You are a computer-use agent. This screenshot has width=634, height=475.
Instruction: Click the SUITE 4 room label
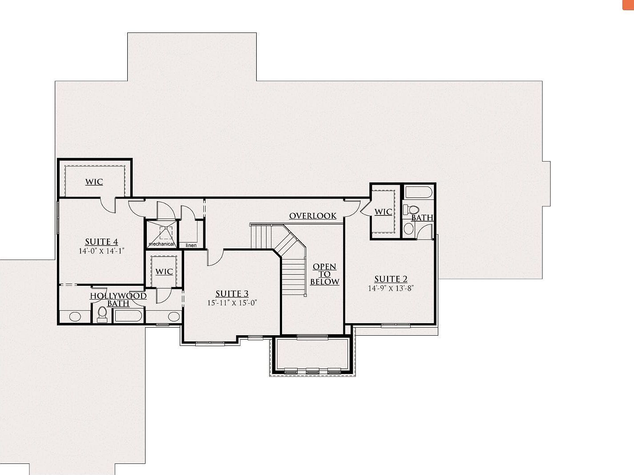(x=101, y=242)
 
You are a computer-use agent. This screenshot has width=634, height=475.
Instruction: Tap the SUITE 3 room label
(x=232, y=294)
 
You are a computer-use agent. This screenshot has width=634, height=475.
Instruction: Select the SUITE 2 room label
(x=391, y=279)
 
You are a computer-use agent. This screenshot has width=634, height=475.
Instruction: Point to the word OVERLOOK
(x=313, y=216)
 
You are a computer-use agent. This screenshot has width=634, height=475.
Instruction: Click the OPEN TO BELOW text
(x=324, y=274)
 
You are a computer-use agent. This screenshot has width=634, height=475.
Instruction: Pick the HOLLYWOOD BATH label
(x=118, y=300)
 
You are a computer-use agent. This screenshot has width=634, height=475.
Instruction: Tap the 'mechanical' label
(x=161, y=244)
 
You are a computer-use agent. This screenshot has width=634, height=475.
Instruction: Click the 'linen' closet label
(x=191, y=245)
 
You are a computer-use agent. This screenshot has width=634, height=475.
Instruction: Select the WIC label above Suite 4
(x=94, y=182)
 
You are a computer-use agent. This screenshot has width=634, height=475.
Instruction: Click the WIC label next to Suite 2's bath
(x=383, y=212)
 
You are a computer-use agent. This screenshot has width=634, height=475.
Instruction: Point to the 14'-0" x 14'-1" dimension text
(x=101, y=251)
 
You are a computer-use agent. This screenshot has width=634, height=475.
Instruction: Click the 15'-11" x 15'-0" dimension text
(x=232, y=303)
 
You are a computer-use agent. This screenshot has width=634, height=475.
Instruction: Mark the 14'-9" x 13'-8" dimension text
(x=391, y=288)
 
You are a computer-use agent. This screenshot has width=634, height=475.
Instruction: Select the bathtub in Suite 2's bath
(x=417, y=193)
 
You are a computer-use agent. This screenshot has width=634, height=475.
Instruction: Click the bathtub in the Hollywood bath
(x=129, y=316)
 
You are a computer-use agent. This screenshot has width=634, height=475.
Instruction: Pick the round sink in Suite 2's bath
(x=409, y=229)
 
